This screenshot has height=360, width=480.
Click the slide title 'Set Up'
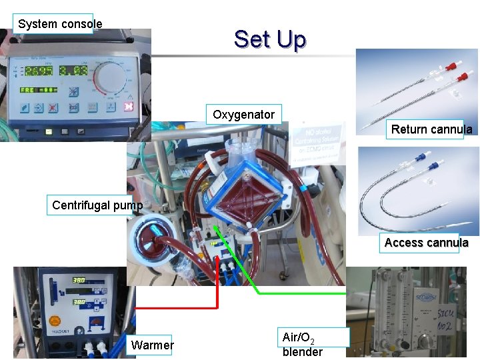(x=270, y=40)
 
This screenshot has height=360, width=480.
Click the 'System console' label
(x=60, y=24)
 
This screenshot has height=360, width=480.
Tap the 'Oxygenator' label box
(x=243, y=115)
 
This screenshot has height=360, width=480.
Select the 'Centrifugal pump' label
(x=97, y=205)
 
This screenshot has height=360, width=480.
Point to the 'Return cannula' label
(x=431, y=129)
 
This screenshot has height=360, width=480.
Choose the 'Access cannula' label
(x=426, y=243)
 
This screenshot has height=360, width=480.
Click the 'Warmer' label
(x=153, y=345)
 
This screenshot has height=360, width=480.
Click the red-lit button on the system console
(x=129, y=107)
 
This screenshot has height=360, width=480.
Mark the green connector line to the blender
(x=300, y=292)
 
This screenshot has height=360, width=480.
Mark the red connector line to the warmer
(x=177, y=308)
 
